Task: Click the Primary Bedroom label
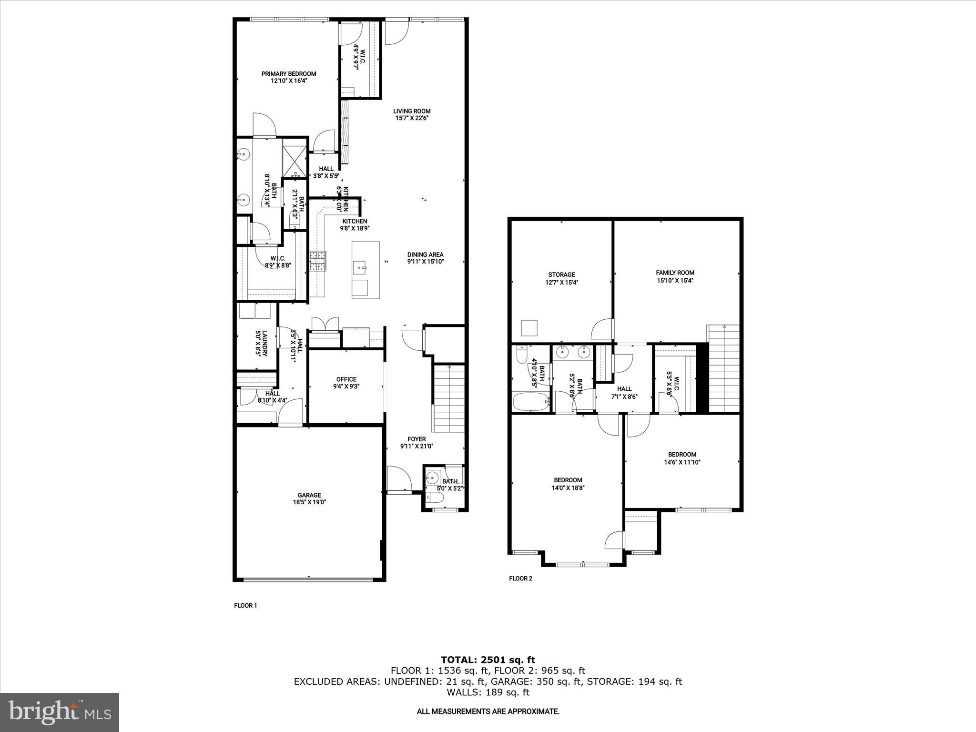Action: coord(288,74)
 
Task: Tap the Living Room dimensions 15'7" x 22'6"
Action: coord(412,118)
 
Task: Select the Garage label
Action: coord(310,495)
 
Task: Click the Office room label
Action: coord(346,379)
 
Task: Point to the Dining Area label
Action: coord(425,254)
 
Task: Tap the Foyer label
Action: coord(417,439)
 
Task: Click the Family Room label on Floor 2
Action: coord(675,273)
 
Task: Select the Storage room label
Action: coord(561,274)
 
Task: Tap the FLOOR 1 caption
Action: coord(245,606)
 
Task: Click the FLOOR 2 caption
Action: coord(520,579)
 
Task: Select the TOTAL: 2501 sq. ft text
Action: coord(488,660)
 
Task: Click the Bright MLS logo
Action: coord(60,712)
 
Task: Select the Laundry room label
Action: coord(261,343)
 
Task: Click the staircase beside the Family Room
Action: coord(724,369)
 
